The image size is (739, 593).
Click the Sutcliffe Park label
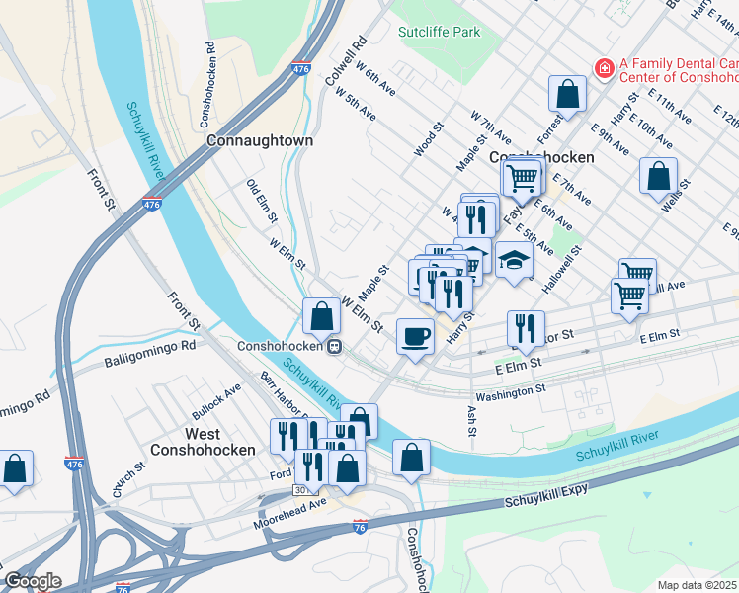(439, 32)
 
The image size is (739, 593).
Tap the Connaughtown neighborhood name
(260, 140)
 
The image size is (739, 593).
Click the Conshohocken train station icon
(336, 347)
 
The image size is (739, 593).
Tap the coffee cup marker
(414, 335)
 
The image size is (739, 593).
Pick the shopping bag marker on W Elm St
(321, 316)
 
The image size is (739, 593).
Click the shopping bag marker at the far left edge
(15, 468)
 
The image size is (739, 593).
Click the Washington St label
(511, 390)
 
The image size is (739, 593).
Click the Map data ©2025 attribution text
(698, 585)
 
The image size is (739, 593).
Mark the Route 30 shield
(300, 489)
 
